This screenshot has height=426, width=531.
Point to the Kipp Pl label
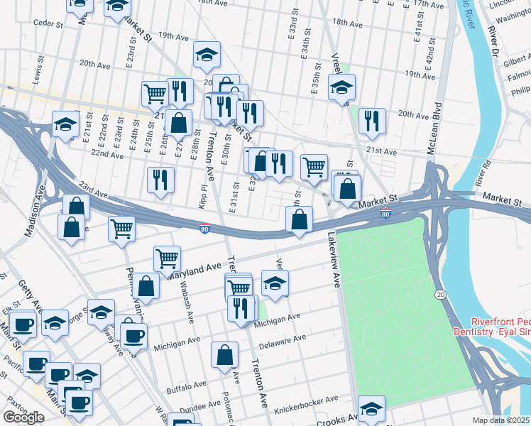click(203, 195)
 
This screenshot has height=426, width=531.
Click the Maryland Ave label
click(195, 271)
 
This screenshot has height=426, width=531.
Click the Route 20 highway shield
click(440, 294)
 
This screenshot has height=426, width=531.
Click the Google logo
click(23, 417)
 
